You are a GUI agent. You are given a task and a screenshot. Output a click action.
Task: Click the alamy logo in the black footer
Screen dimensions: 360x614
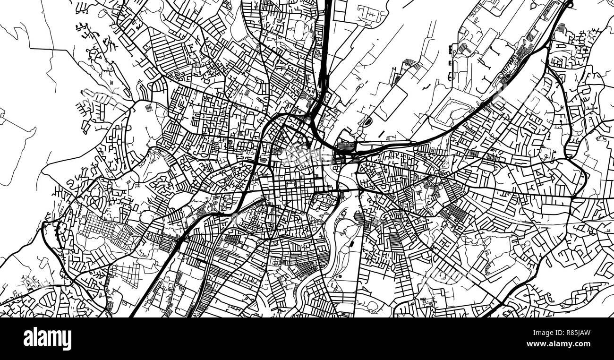click(47, 338)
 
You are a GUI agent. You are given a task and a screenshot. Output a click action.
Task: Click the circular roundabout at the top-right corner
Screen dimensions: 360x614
click(569, 4)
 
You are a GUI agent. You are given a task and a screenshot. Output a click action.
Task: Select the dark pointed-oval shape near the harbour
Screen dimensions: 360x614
click(365, 121)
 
